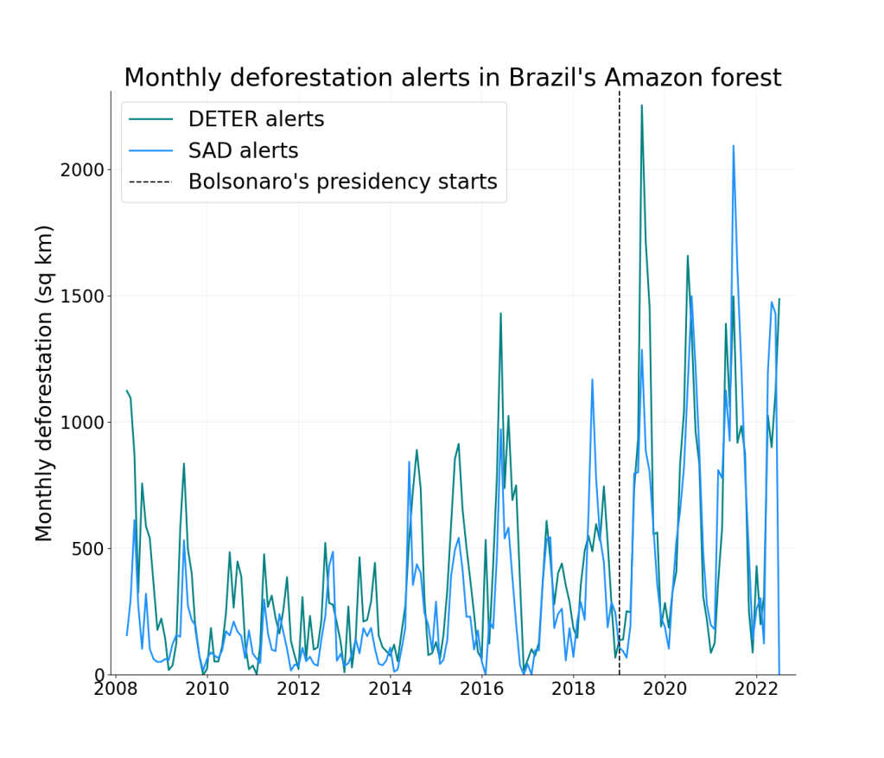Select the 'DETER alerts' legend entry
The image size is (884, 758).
tap(256, 119)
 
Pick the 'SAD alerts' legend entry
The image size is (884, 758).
tap(243, 150)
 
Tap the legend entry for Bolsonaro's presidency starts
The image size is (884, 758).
tap(342, 182)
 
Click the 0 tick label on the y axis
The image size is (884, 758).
tap(99, 675)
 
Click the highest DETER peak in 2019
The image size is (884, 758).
tap(641, 105)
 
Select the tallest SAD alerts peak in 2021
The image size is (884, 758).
tap(734, 146)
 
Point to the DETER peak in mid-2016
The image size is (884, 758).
tap(500, 314)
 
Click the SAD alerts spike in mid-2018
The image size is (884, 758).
tap(592, 379)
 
